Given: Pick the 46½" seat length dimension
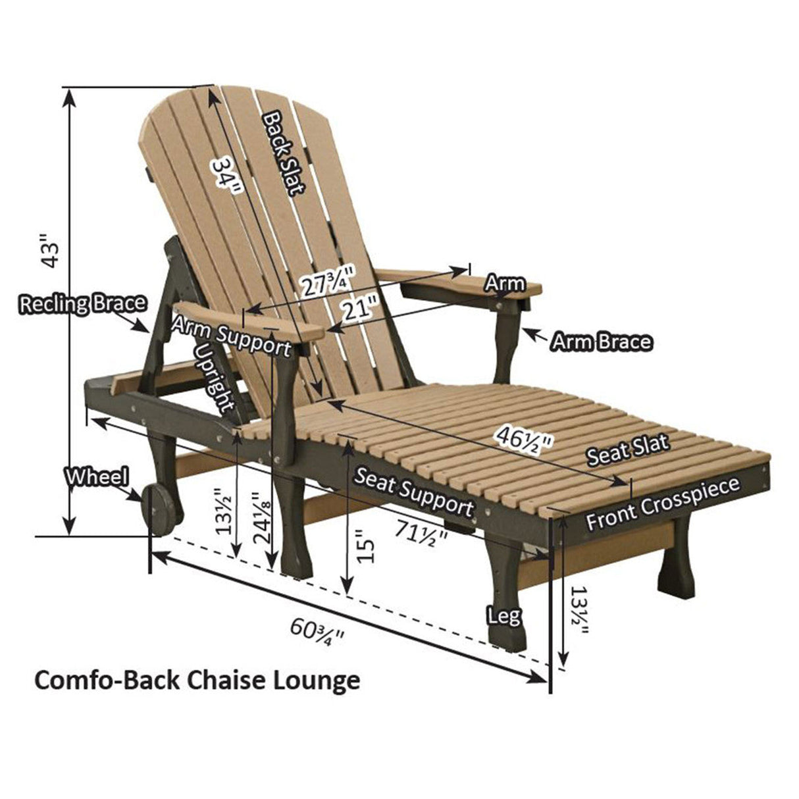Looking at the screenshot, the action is [525, 439].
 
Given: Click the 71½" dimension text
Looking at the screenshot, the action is [421, 533].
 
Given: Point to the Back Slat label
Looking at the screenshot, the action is [284, 153].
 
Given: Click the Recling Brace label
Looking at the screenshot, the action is [83, 304].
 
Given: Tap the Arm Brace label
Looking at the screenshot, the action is [601, 342].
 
